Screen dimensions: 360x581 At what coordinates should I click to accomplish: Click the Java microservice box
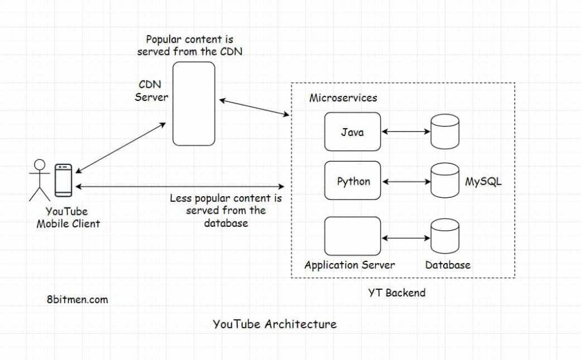[x=352, y=132]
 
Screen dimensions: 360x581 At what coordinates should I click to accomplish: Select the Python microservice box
[x=352, y=181]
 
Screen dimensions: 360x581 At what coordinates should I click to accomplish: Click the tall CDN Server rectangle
[x=194, y=104]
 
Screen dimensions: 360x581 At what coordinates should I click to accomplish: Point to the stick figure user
[x=39, y=180]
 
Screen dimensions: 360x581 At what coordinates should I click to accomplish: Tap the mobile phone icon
[x=63, y=180]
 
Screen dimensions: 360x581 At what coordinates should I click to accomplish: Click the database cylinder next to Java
[x=445, y=133]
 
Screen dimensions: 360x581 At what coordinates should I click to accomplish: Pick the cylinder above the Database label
[x=445, y=235]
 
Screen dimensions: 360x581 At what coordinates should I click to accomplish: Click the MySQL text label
[x=483, y=183]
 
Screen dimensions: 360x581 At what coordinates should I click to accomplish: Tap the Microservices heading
[x=343, y=98]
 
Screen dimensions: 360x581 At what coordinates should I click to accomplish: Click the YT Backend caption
[x=396, y=293]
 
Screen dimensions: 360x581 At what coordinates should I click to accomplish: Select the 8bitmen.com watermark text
[x=78, y=299]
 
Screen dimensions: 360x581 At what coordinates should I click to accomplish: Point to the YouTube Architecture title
[x=275, y=324]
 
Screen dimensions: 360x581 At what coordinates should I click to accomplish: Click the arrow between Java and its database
[x=406, y=132]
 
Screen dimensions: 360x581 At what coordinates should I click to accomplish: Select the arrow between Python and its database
[x=406, y=182]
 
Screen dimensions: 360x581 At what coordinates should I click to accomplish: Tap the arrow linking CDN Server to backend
[x=254, y=108]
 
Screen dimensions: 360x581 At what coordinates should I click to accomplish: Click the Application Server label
[x=350, y=265]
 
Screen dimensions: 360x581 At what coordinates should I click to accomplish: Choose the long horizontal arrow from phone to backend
[x=180, y=187]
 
